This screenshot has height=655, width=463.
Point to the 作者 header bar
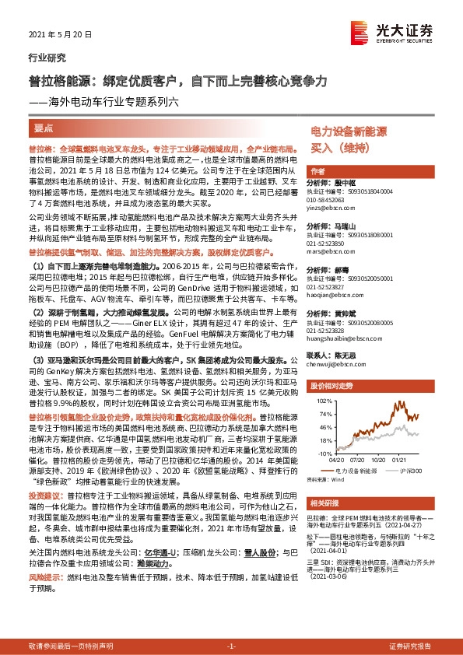click(x=317, y=171)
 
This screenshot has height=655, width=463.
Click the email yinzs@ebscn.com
click(x=331, y=208)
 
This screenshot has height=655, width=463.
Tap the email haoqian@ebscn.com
click(x=333, y=296)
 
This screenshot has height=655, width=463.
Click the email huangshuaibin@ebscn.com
click(x=341, y=340)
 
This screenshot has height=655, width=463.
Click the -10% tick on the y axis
click(x=321, y=452)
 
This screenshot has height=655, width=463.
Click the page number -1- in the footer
click(x=231, y=646)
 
